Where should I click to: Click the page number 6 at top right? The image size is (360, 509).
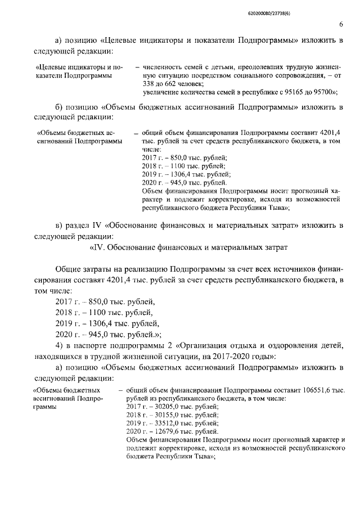click(341, 24)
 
